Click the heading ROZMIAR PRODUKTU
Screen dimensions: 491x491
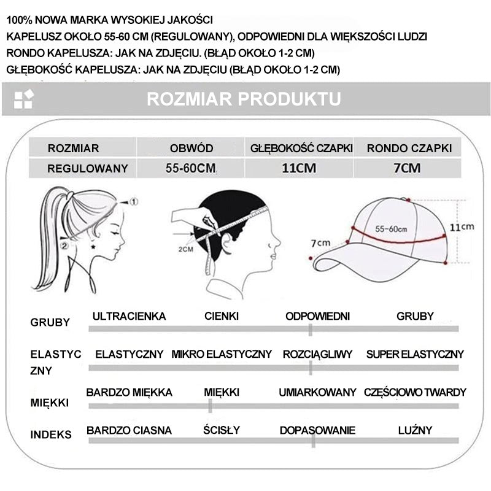[x=244, y=99]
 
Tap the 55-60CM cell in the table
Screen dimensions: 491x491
[x=190, y=168]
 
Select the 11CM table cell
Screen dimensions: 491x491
[x=299, y=168]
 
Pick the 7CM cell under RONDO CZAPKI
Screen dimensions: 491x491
[x=408, y=168]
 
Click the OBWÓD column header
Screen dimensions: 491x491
[x=191, y=148]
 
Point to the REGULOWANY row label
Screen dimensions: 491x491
[x=88, y=168]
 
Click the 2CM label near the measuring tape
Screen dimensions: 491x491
[x=186, y=249]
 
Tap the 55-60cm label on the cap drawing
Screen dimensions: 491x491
[x=391, y=228]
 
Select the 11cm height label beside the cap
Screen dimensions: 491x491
[x=462, y=226]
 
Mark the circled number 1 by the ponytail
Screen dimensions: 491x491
[x=133, y=201]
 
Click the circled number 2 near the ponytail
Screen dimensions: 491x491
[x=65, y=245]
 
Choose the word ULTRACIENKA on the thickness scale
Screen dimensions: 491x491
[x=129, y=317]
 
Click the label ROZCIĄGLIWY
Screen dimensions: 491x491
[x=317, y=354]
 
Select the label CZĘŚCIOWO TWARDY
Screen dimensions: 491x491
[x=415, y=392]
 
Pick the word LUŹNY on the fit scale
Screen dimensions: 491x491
[x=415, y=430]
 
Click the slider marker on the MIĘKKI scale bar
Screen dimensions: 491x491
[x=210, y=406]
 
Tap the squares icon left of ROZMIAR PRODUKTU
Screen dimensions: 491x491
[x=23, y=99]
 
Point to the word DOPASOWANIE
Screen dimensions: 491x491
[x=317, y=430]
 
